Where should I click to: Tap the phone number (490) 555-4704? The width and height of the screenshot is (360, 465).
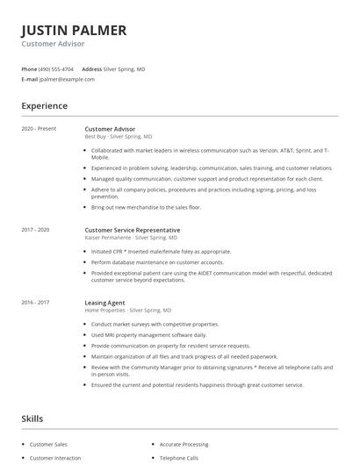pos(57,68)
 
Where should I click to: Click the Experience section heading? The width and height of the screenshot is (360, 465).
pos(45,106)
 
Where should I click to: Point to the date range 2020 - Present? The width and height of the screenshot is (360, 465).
pos(39,129)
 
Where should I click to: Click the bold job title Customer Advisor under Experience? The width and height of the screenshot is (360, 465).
pos(110,129)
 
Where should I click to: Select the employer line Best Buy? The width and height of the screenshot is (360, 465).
pos(119,137)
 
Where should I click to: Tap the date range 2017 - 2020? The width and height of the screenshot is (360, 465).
pos(37,230)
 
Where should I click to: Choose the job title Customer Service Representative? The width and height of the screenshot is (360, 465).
pos(131,230)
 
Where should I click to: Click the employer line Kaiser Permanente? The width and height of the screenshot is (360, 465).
pos(131,238)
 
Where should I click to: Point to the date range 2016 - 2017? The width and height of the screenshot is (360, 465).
pos(37,303)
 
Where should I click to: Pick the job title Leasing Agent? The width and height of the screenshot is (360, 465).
pos(104,303)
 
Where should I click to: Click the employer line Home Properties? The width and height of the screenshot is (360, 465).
pos(128,311)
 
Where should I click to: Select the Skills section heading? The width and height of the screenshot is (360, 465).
pos(32,419)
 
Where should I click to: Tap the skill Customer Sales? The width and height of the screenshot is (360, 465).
pos(48,445)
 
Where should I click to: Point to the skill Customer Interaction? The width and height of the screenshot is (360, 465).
pos(54,458)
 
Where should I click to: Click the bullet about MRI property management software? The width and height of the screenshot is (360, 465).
pos(137,335)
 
